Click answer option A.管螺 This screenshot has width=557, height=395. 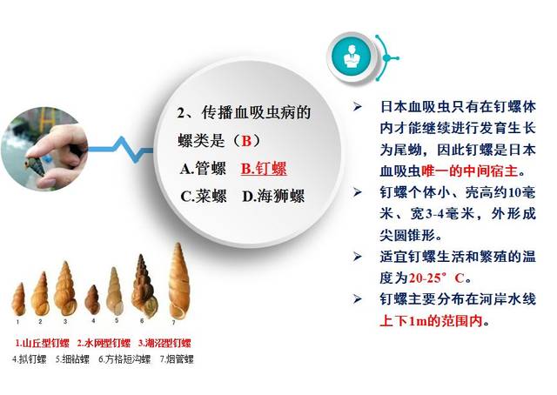(205, 168)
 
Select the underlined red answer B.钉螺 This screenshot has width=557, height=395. (264, 168)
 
